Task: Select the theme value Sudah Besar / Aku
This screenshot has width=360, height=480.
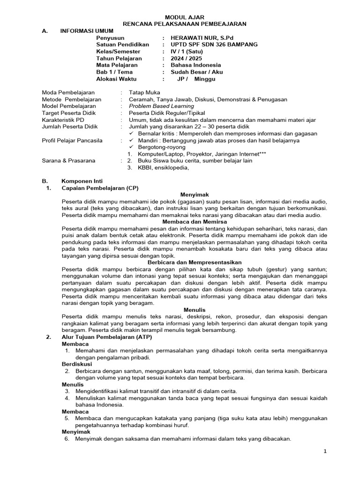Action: (196, 72)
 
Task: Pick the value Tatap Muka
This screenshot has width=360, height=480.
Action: (143, 93)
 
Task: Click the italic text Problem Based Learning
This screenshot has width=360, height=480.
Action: (160, 106)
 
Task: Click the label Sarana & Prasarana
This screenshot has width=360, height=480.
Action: (68, 160)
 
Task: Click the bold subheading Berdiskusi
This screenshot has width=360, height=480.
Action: (77, 364)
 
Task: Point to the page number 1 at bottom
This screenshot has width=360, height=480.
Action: (324, 451)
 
